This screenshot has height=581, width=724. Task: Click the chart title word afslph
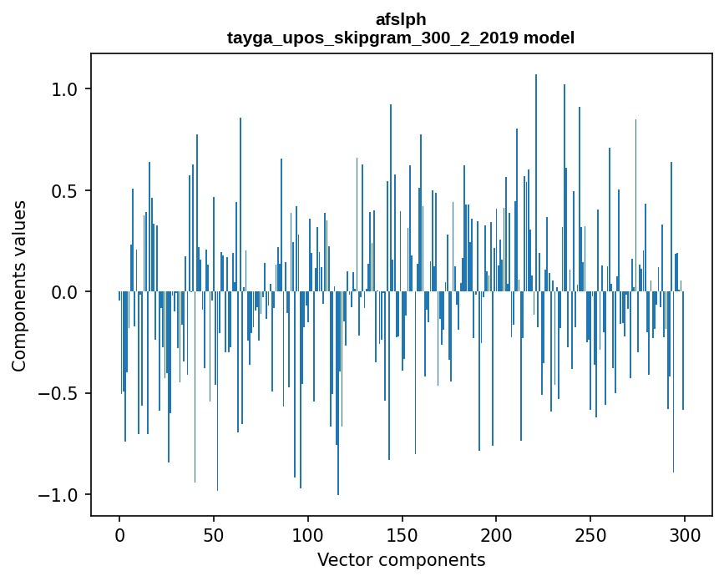[x=401, y=19]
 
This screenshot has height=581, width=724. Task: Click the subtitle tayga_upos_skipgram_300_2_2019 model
[x=401, y=38]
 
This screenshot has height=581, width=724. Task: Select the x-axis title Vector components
[x=401, y=559]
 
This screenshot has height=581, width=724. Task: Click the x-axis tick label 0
[x=119, y=534]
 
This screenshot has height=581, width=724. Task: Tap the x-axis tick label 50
[x=214, y=534]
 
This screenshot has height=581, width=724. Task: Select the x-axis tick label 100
[x=308, y=534]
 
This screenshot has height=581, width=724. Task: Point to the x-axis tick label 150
[x=403, y=534]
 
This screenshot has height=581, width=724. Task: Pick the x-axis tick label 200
[x=497, y=534]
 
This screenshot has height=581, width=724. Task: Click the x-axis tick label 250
[x=590, y=534]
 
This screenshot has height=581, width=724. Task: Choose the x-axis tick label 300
[x=685, y=534]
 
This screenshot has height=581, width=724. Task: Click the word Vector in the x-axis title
[x=342, y=559]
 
